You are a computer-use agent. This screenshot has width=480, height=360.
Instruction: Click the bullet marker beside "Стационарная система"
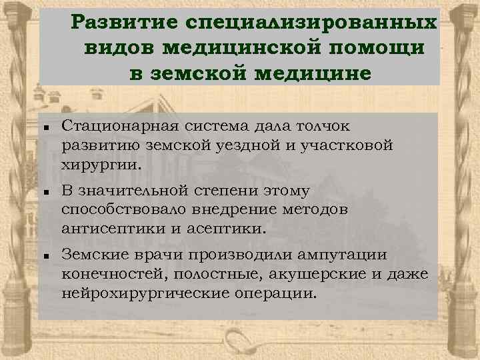(x=41, y=126)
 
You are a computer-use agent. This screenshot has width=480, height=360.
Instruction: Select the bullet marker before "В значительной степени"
(x=41, y=191)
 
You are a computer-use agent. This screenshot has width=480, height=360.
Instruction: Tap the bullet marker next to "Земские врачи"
(x=41, y=256)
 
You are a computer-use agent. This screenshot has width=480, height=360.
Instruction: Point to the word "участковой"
(x=349, y=145)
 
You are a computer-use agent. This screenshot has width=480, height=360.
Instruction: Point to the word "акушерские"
(x=323, y=275)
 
